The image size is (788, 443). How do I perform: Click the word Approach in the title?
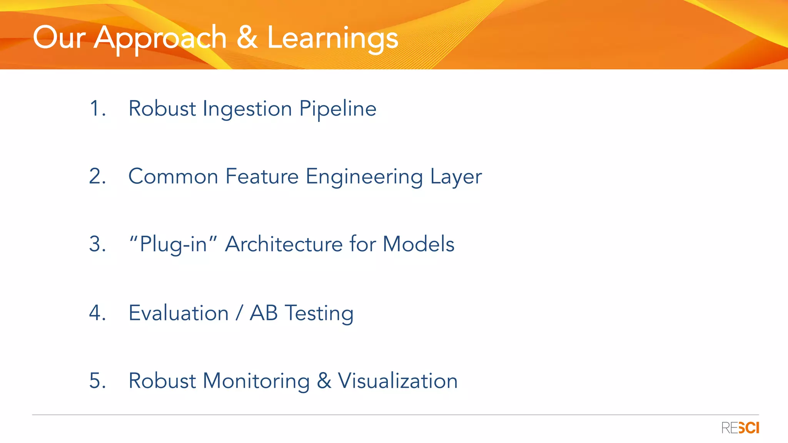coord(160,38)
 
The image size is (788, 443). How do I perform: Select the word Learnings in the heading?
coord(332,38)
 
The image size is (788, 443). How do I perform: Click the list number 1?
coord(97,108)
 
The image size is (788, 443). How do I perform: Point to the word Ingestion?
coord(247,109)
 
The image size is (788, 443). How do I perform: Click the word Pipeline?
coord(338,109)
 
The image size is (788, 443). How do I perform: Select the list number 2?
coord(97,177)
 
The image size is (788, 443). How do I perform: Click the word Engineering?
coord(364,177)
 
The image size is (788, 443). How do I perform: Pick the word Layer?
coord(456,177)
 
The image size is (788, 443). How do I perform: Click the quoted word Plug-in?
coord(173,245)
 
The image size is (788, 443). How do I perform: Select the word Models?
coord(418,244)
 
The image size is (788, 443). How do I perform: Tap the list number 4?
coord(97,313)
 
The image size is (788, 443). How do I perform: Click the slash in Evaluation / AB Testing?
coord(239,313)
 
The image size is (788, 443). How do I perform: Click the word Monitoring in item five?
coord(256,381)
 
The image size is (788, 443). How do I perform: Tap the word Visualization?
coord(397,381)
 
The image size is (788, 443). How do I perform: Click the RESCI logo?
coord(740,428)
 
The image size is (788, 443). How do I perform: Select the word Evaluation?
coord(179,313)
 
